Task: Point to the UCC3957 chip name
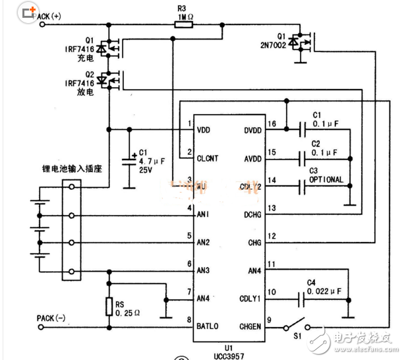(231, 355)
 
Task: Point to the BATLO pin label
(209, 326)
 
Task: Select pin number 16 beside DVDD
(270, 123)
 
